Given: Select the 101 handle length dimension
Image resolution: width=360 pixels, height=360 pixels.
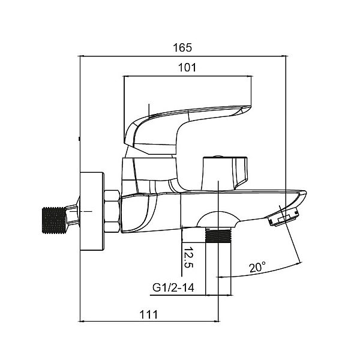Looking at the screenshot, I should (x=187, y=67).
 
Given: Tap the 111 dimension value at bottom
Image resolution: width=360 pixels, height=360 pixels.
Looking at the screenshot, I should (x=148, y=314).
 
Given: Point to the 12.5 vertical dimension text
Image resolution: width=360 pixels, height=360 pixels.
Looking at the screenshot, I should (x=189, y=256).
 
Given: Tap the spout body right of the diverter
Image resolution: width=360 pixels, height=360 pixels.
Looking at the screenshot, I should (x=264, y=201).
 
